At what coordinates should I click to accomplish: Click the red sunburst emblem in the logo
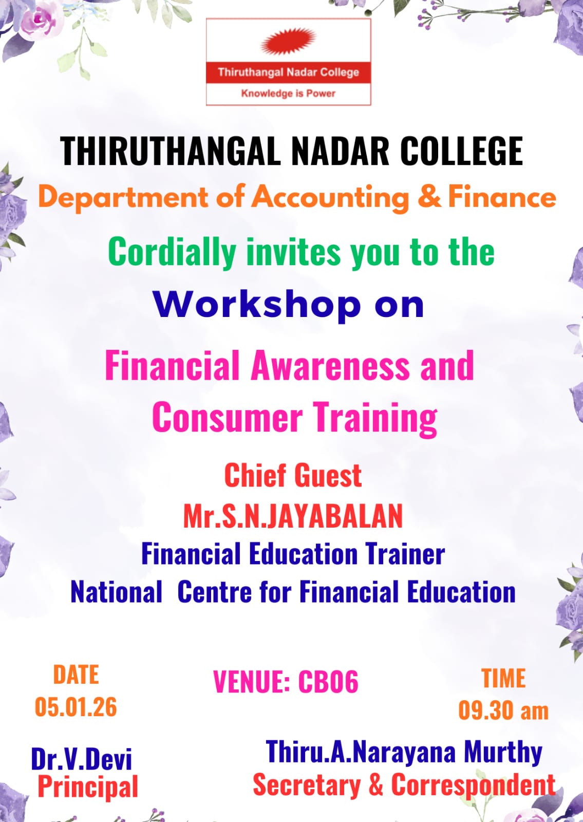[288, 41]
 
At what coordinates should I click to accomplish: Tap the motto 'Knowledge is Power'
[288, 93]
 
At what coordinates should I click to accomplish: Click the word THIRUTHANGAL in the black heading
[171, 151]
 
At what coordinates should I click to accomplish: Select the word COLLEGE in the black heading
[462, 151]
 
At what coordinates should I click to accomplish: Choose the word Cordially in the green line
[173, 253]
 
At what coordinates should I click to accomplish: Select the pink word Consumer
[228, 418]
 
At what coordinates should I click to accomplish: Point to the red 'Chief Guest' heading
[293, 475]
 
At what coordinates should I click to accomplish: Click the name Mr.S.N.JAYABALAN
[293, 516]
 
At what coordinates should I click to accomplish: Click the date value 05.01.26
[76, 706]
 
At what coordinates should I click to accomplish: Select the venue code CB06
[328, 681]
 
